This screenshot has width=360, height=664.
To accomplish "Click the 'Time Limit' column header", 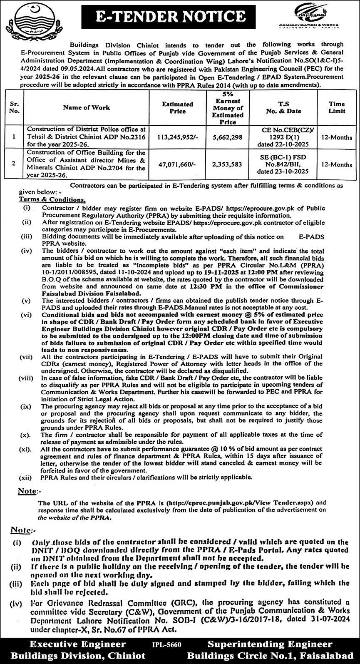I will pos(337,108).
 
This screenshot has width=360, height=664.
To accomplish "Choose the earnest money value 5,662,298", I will pos(227,137).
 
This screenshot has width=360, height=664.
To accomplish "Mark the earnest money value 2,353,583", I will pos(227,164).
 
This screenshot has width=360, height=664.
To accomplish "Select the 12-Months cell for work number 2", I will pos(337,164).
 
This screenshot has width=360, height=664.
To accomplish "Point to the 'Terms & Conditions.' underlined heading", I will pos(52,200).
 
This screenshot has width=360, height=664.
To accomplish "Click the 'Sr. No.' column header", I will pos(14,108).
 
